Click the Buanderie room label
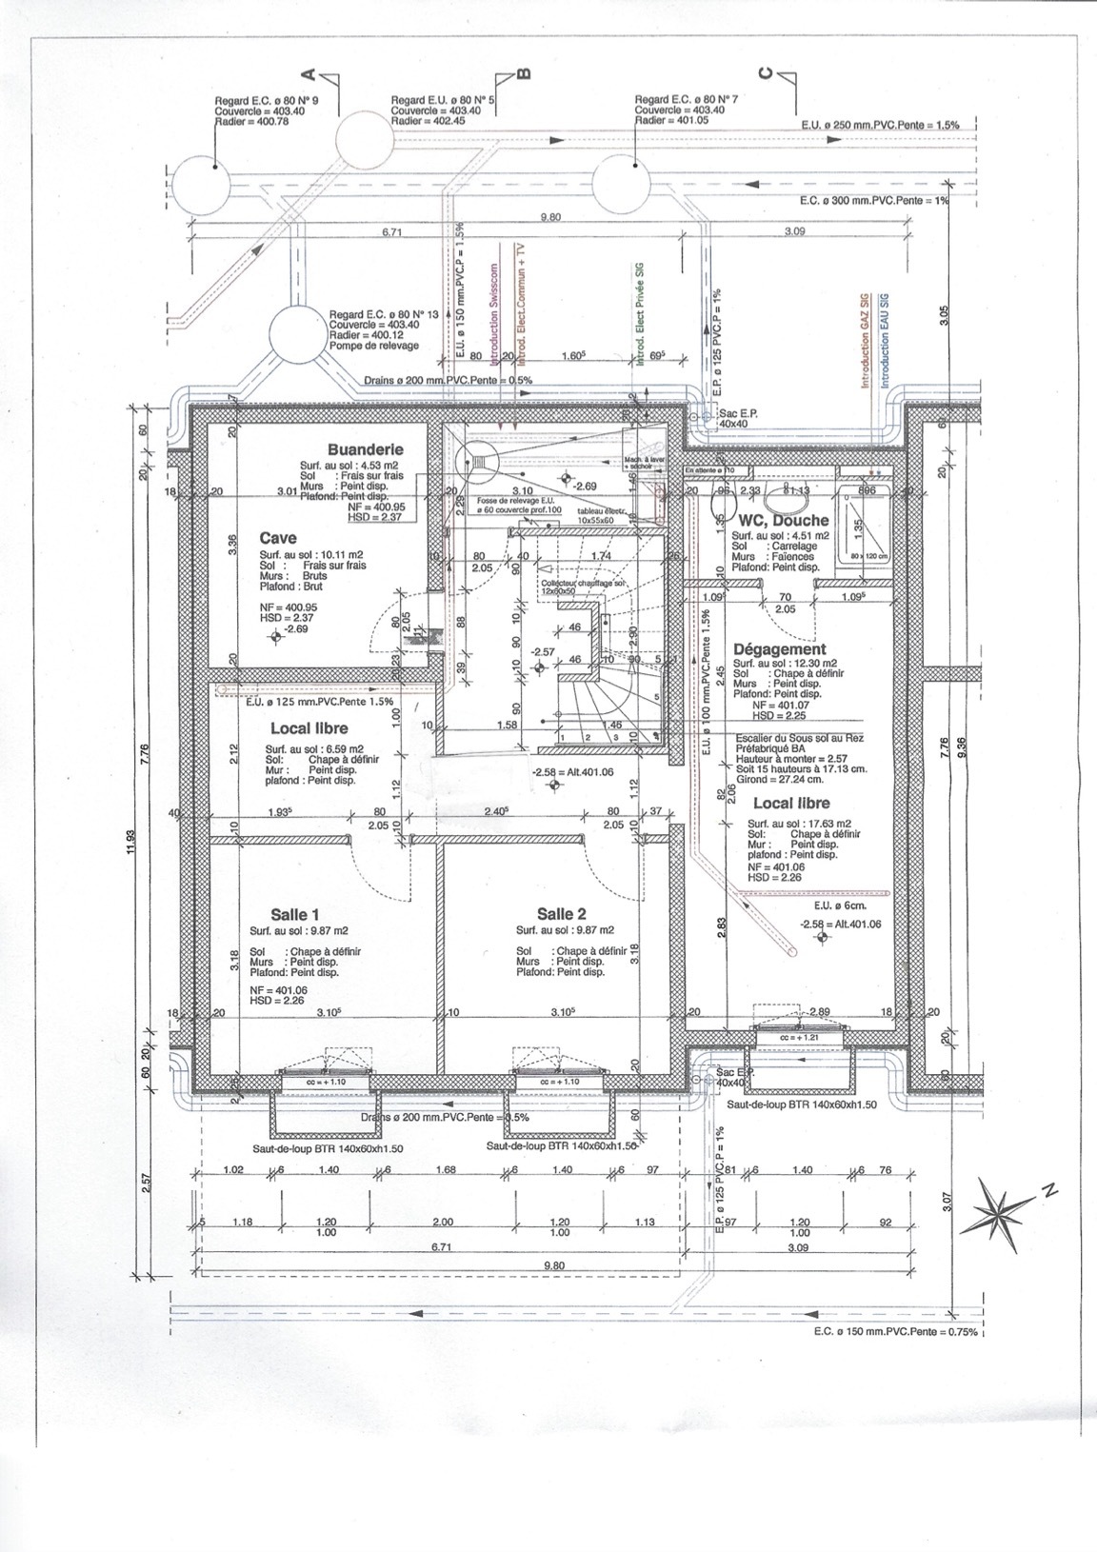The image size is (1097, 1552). (x=365, y=449)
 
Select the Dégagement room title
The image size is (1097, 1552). (x=780, y=649)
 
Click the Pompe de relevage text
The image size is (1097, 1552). (x=374, y=345)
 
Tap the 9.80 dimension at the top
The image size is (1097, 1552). (x=550, y=217)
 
